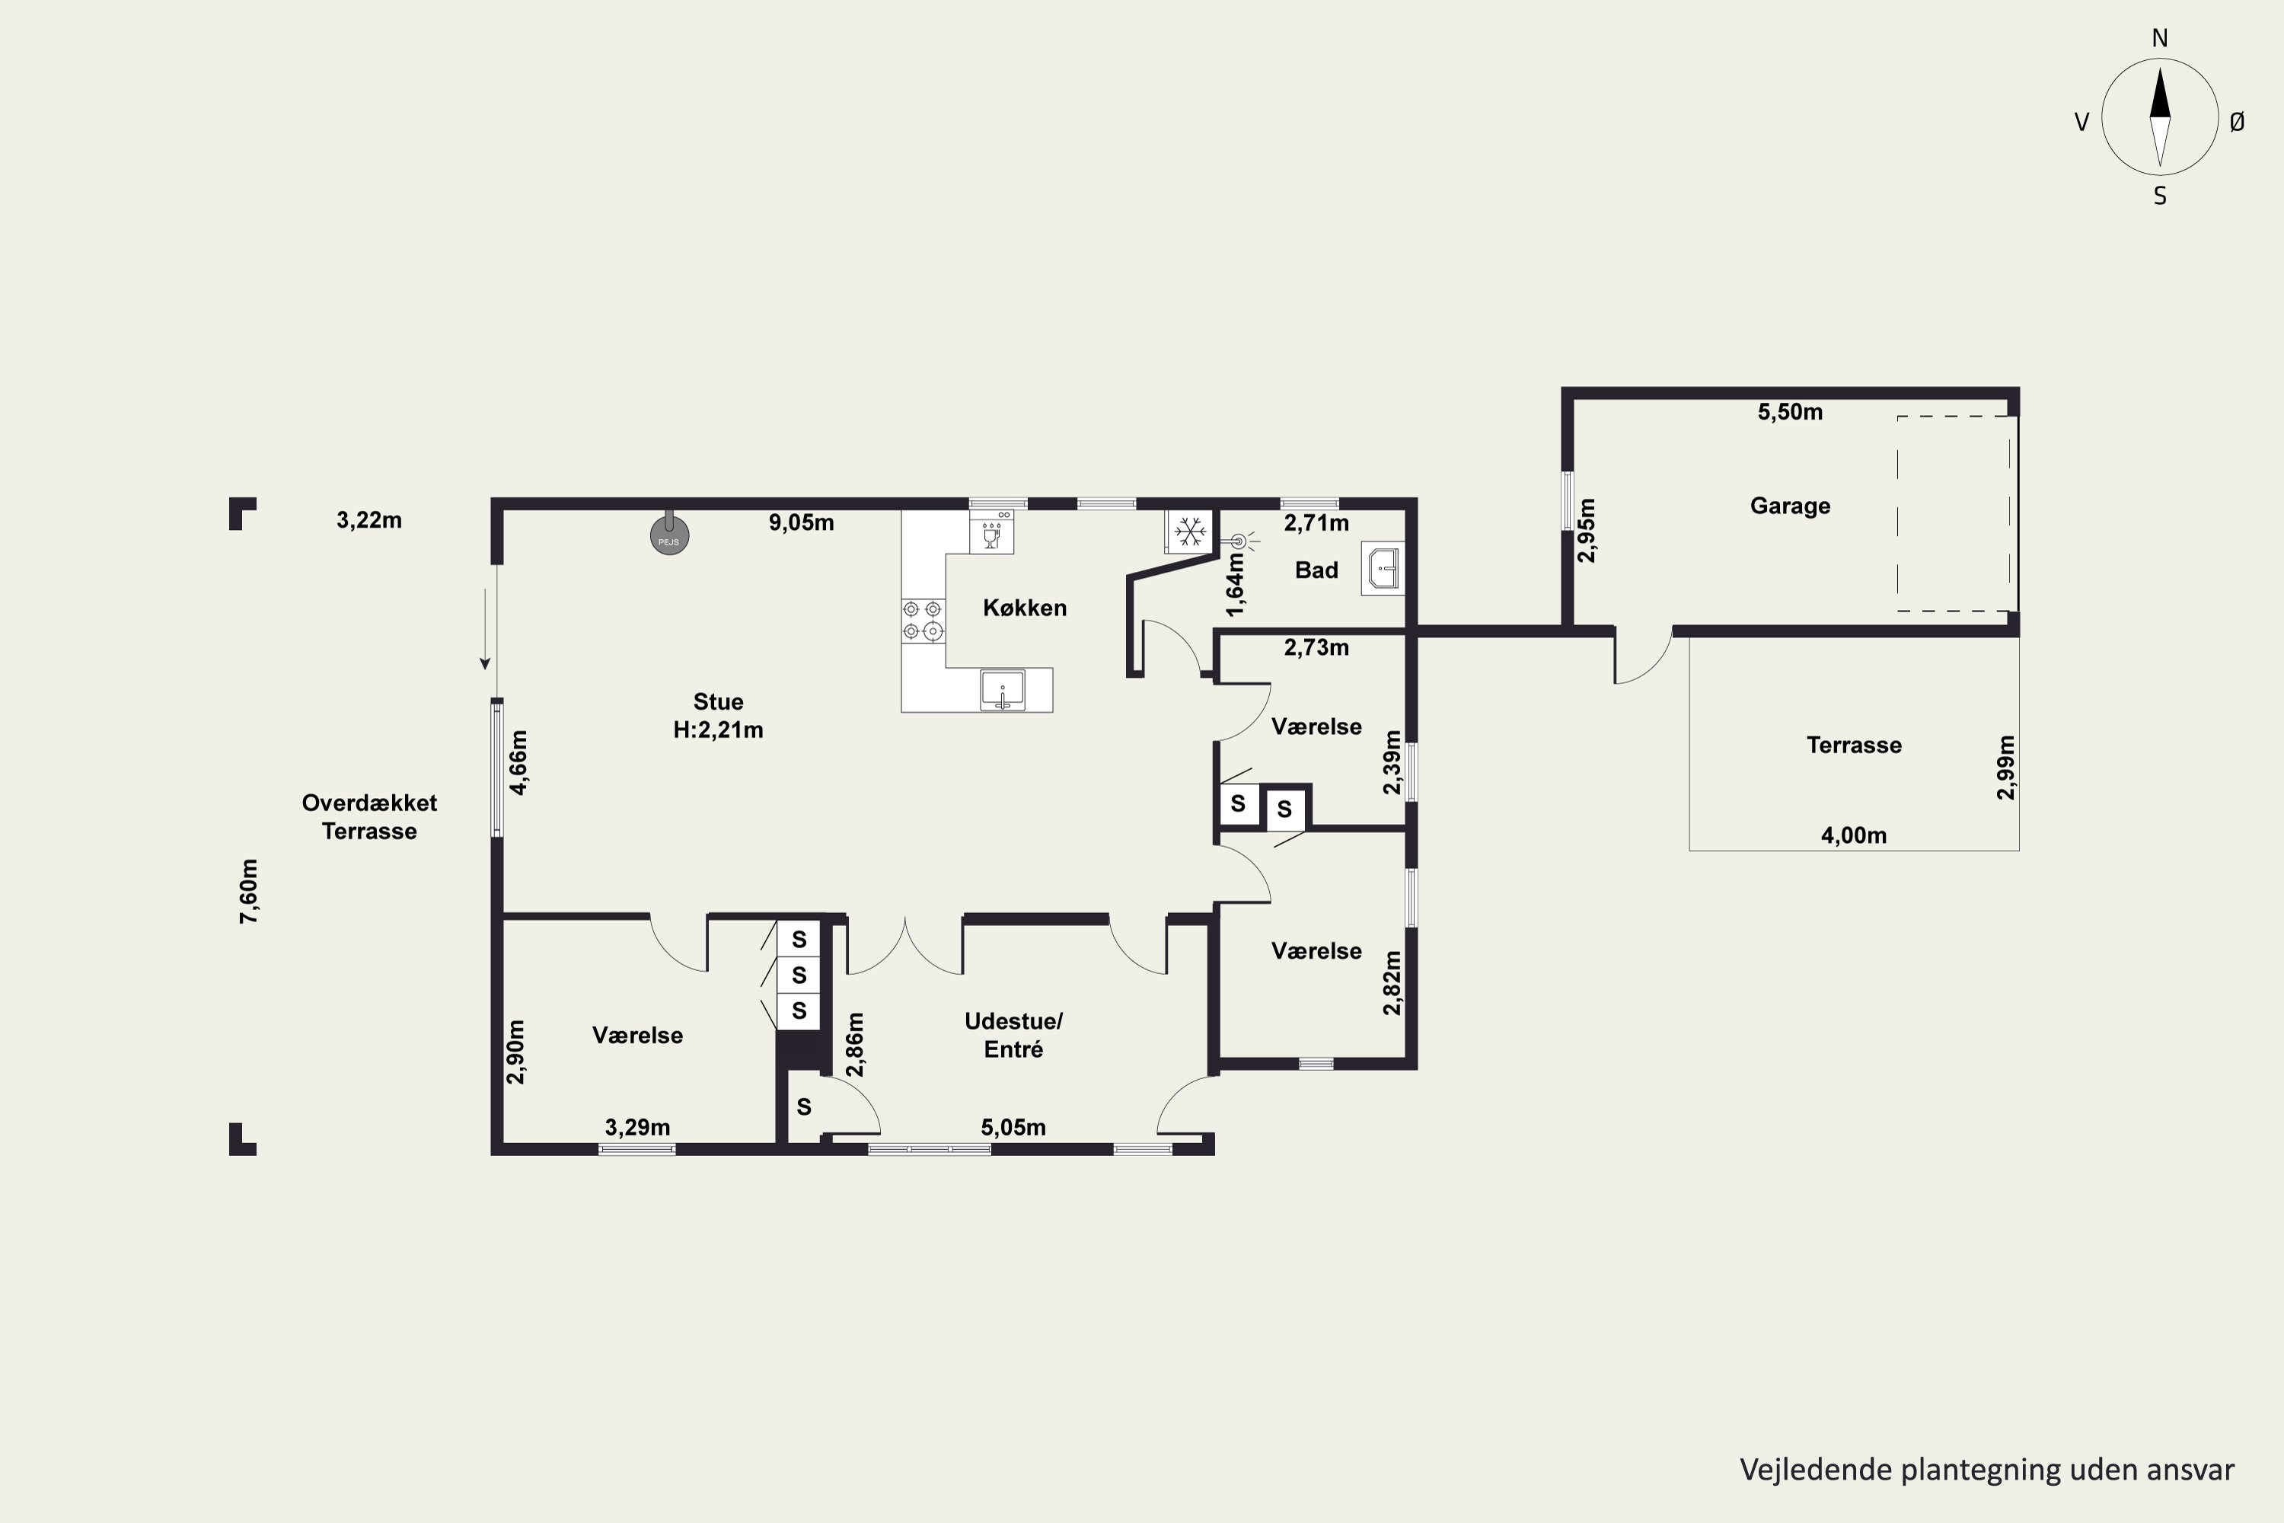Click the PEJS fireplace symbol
[x=670, y=535]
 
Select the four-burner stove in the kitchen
[x=923, y=621]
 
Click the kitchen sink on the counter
[x=1002, y=690]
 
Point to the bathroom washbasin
[x=1383, y=568]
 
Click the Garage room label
[x=1790, y=506]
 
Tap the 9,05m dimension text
[x=801, y=522]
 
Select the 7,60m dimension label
[x=249, y=891]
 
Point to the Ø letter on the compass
[x=2238, y=121]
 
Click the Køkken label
[x=1025, y=608]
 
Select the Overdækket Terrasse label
[x=369, y=817]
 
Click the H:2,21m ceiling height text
[x=719, y=730]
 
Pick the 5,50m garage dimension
[x=1790, y=412]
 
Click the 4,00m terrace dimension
[x=1854, y=835]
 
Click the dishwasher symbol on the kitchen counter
[x=991, y=532]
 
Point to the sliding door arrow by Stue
[x=484, y=628]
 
